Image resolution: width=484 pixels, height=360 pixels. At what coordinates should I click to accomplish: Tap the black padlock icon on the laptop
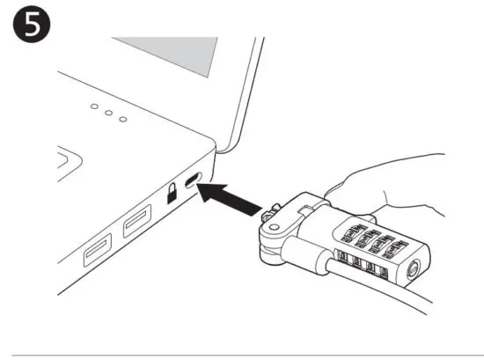pyautogui.click(x=173, y=191)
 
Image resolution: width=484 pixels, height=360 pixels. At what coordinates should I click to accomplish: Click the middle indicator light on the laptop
pyautogui.click(x=107, y=114)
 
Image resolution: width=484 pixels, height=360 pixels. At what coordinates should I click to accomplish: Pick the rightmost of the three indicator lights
pyautogui.click(x=123, y=120)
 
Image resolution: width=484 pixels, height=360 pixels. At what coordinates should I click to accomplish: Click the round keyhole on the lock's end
pyautogui.click(x=413, y=271)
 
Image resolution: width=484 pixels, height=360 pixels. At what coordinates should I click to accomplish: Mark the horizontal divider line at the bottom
pyautogui.click(x=242, y=355)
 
